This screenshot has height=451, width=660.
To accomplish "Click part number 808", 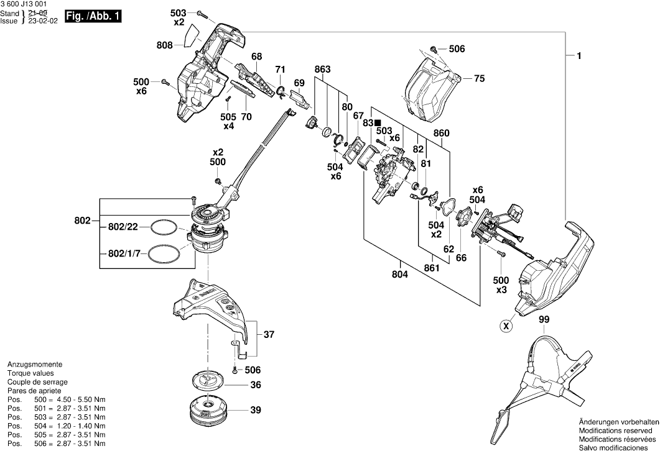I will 165,44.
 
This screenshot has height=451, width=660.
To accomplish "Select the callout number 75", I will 479,78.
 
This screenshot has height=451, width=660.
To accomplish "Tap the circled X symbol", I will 507,325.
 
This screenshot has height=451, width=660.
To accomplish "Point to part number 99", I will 544,319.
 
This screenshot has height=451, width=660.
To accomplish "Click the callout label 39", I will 255,410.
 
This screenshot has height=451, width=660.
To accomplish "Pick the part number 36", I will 255,385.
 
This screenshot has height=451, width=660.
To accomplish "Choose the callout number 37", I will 269,335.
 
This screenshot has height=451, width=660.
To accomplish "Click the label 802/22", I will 123,227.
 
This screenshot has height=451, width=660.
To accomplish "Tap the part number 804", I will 400,274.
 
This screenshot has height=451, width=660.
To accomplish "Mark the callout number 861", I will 431,268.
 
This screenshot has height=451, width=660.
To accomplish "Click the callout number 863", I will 322,69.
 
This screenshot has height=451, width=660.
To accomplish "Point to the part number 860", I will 442,133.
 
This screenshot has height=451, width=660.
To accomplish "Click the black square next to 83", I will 378,123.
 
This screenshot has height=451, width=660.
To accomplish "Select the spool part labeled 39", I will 207,410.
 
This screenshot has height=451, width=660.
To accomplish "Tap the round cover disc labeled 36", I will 207,380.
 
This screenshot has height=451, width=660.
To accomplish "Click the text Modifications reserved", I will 616,430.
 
